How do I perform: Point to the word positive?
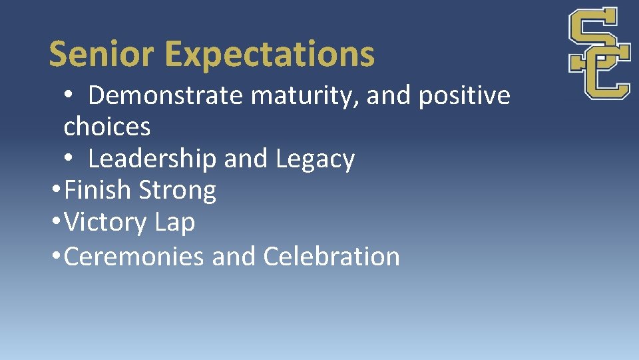[464, 97]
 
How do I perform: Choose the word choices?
[107, 127]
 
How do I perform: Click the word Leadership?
[152, 159]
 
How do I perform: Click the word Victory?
[105, 223]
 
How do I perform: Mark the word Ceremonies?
[134, 256]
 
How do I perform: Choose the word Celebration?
[331, 256]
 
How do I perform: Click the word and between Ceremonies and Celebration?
[234, 256]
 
